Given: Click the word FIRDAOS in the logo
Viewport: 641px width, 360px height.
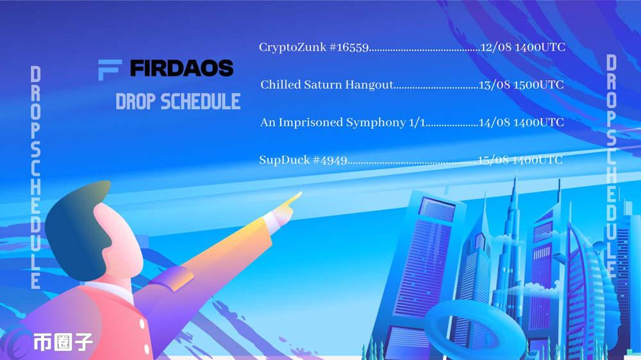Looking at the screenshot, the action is click(181, 69).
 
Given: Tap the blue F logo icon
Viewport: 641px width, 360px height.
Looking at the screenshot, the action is click(109, 70).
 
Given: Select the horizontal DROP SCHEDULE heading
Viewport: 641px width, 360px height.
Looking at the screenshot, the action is click(178, 101).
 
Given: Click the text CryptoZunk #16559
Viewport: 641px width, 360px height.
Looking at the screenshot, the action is click(313, 47).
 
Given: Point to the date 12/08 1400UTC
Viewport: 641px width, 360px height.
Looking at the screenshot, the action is click(523, 47).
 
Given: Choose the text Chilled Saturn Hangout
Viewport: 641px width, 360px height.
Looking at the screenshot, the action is click(327, 85).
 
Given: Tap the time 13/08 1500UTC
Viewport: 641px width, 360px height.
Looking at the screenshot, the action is click(521, 85).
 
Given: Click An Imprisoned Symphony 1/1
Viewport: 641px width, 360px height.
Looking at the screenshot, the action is click(342, 122).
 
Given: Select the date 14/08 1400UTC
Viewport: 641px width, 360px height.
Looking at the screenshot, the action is click(521, 122).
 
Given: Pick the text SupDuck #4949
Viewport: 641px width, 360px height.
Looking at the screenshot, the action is click(303, 160).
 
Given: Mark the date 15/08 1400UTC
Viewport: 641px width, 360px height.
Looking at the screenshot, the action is click(520, 160).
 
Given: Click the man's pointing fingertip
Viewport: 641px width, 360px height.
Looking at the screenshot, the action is click(299, 193).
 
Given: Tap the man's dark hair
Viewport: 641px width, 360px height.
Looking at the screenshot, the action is click(77, 229).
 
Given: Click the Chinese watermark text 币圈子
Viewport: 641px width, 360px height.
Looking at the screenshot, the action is click(63, 341).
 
